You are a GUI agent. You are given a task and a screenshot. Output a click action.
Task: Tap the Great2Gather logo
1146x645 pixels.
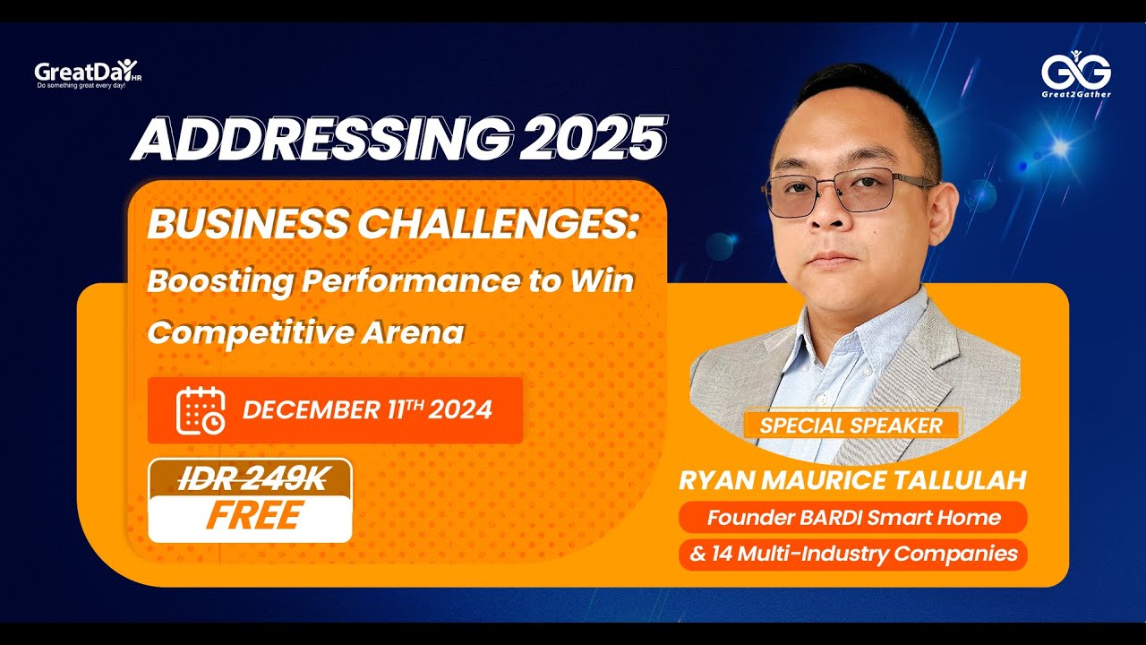[1076, 75]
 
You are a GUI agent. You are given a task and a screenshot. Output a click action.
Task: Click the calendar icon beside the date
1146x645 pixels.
[200, 410]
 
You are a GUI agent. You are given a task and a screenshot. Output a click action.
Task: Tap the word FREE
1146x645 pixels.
[255, 516]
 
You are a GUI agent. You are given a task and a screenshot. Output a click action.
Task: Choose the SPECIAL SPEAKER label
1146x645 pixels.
[851, 426]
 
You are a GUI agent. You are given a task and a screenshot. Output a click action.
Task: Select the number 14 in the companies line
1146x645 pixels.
[723, 554]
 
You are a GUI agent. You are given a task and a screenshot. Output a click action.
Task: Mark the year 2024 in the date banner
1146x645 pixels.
[460, 410]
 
